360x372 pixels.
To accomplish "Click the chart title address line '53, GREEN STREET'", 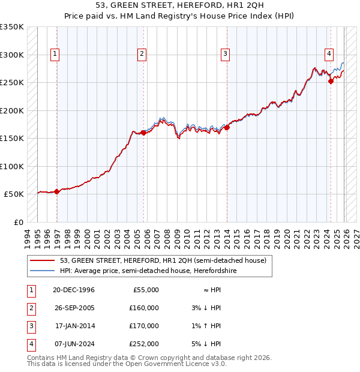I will coord(179,6).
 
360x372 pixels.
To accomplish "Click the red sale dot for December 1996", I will coord(56,191).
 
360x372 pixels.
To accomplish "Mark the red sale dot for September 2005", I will coord(143,133).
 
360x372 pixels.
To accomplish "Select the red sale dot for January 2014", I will coord(227,127).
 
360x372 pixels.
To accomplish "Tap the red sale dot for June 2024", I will coord(331,82).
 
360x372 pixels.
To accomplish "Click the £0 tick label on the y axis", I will coord(18,222).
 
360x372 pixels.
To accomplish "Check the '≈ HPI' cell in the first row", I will coord(211,290).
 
